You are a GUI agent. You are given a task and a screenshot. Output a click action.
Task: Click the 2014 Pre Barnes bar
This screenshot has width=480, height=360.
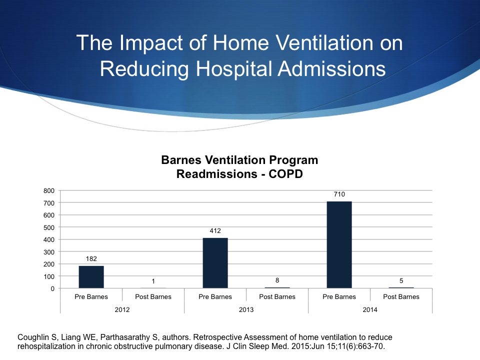point(339,245)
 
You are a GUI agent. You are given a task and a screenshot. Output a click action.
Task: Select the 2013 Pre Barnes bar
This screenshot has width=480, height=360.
point(215,263)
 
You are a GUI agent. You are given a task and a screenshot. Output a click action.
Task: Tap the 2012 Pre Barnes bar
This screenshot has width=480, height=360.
point(91,277)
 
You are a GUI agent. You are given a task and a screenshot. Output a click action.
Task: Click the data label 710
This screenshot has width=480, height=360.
point(339,194)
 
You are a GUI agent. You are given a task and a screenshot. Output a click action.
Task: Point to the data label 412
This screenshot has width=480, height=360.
point(215,230)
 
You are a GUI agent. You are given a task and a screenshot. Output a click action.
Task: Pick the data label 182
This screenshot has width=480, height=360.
point(91,258)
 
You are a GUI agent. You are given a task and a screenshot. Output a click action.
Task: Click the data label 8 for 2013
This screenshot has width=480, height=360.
point(277,280)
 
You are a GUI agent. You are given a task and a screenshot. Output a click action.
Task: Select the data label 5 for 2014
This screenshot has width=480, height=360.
point(401,281)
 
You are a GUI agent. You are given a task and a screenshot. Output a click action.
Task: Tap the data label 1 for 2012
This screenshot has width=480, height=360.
point(153,281)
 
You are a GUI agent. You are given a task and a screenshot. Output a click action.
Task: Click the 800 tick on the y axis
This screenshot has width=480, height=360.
point(48,190)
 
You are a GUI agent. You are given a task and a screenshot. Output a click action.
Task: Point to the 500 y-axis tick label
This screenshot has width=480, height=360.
point(48,227)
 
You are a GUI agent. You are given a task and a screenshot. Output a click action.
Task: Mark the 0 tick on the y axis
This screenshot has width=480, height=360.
point(52,288)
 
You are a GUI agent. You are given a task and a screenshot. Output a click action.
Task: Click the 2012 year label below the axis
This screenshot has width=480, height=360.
point(122,309)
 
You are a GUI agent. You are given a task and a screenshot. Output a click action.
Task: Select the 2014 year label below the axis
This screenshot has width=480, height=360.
point(370,309)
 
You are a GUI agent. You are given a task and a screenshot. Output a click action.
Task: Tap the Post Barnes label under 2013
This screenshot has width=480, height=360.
point(277,296)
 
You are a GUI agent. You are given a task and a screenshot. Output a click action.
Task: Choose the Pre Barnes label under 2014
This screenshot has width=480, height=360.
point(339,296)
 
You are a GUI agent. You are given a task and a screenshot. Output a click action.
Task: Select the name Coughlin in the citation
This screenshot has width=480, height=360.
point(32,337)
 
